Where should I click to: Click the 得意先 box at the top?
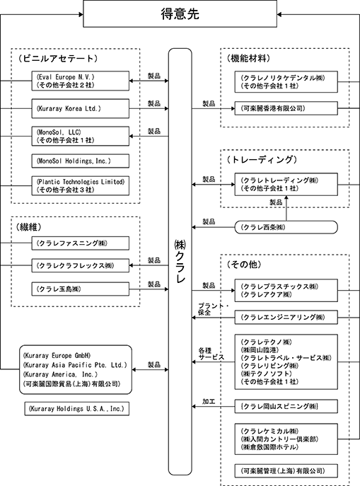[x=180, y=14]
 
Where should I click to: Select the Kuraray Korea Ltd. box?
[x=80, y=108]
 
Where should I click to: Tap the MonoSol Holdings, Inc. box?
[x=80, y=161]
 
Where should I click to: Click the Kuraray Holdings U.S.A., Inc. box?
[x=77, y=408]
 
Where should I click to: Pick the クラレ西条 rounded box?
[x=286, y=227]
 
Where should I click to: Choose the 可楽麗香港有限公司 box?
[x=286, y=108]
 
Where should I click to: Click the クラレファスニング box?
[x=80, y=243]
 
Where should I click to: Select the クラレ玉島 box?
[x=80, y=289]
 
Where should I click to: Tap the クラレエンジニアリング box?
[x=286, y=317]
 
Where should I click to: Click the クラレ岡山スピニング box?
[x=286, y=406]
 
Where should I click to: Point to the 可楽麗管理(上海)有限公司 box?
[x=286, y=471]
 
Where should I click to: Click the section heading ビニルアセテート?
[x=57, y=58]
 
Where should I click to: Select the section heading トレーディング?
[x=262, y=160]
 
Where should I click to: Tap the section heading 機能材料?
[x=248, y=58]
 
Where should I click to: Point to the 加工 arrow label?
[x=209, y=401]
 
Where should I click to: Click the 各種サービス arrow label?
[x=211, y=354]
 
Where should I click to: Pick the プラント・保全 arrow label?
[x=213, y=309]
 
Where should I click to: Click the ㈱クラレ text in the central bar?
[x=180, y=261]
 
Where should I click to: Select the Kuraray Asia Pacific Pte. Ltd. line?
[x=75, y=365]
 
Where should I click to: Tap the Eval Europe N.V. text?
[x=65, y=77]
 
